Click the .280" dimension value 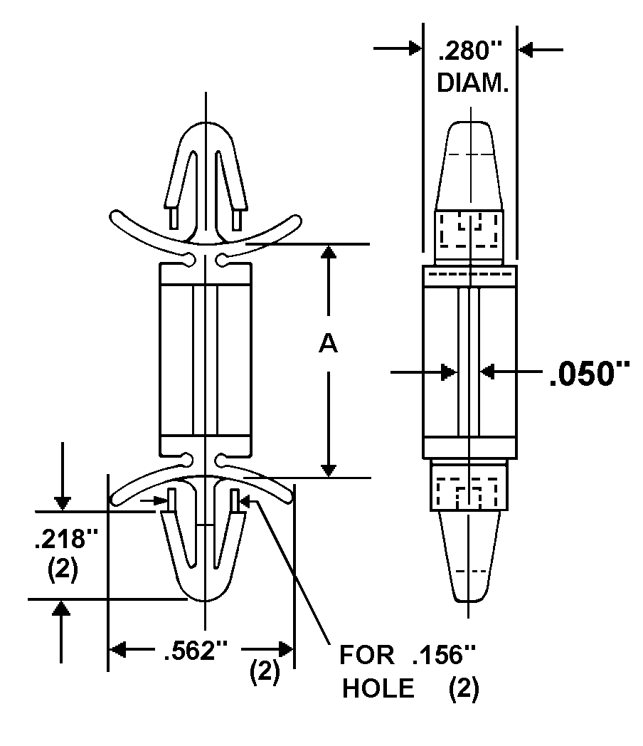click(470, 51)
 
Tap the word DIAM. click(472, 83)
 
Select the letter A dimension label click(328, 344)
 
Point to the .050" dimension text click(590, 374)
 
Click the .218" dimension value click(65, 539)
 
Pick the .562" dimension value click(196, 650)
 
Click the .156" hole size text click(444, 655)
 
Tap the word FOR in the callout click(366, 655)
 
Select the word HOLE click(378, 688)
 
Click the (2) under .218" click(63, 569)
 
